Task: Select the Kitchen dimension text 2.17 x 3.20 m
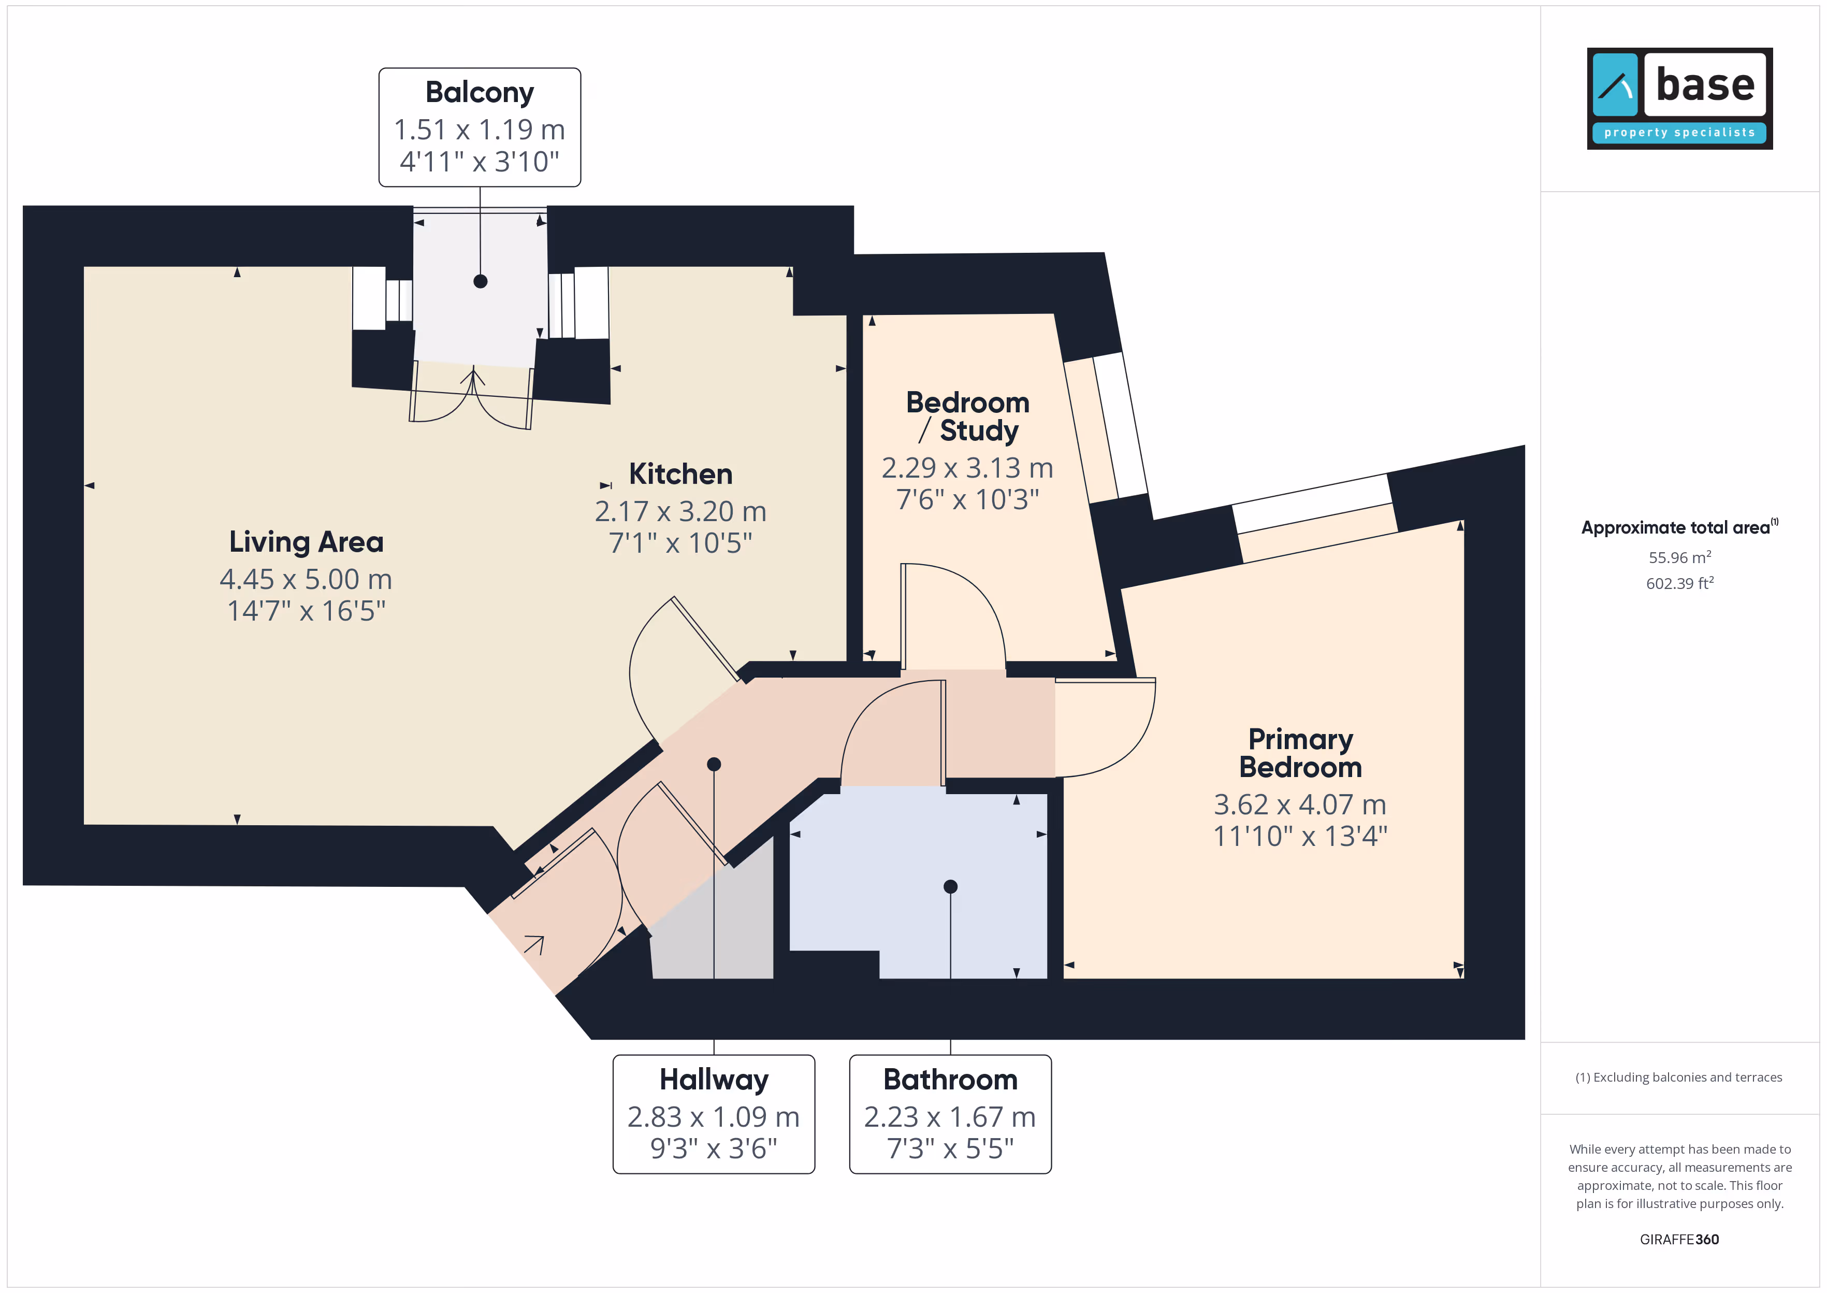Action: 680,511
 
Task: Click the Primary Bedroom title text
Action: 1300,753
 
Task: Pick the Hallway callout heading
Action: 714,1080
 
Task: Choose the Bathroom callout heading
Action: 950,1080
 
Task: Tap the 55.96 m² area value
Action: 1680,557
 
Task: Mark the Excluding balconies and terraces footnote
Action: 1679,1077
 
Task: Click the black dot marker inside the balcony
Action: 480,281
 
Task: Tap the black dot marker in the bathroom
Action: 950,886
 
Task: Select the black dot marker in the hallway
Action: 714,764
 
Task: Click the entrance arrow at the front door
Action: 534,945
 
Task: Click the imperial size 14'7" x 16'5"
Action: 307,611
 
